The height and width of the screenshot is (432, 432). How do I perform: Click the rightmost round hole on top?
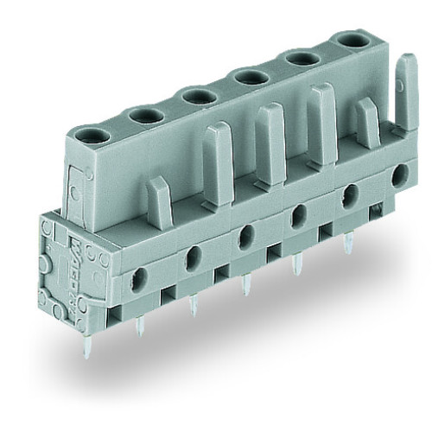(x=353, y=40)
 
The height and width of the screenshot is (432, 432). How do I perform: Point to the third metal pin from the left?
(x=246, y=286)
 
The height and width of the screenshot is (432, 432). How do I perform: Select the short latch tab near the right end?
(x=366, y=122)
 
